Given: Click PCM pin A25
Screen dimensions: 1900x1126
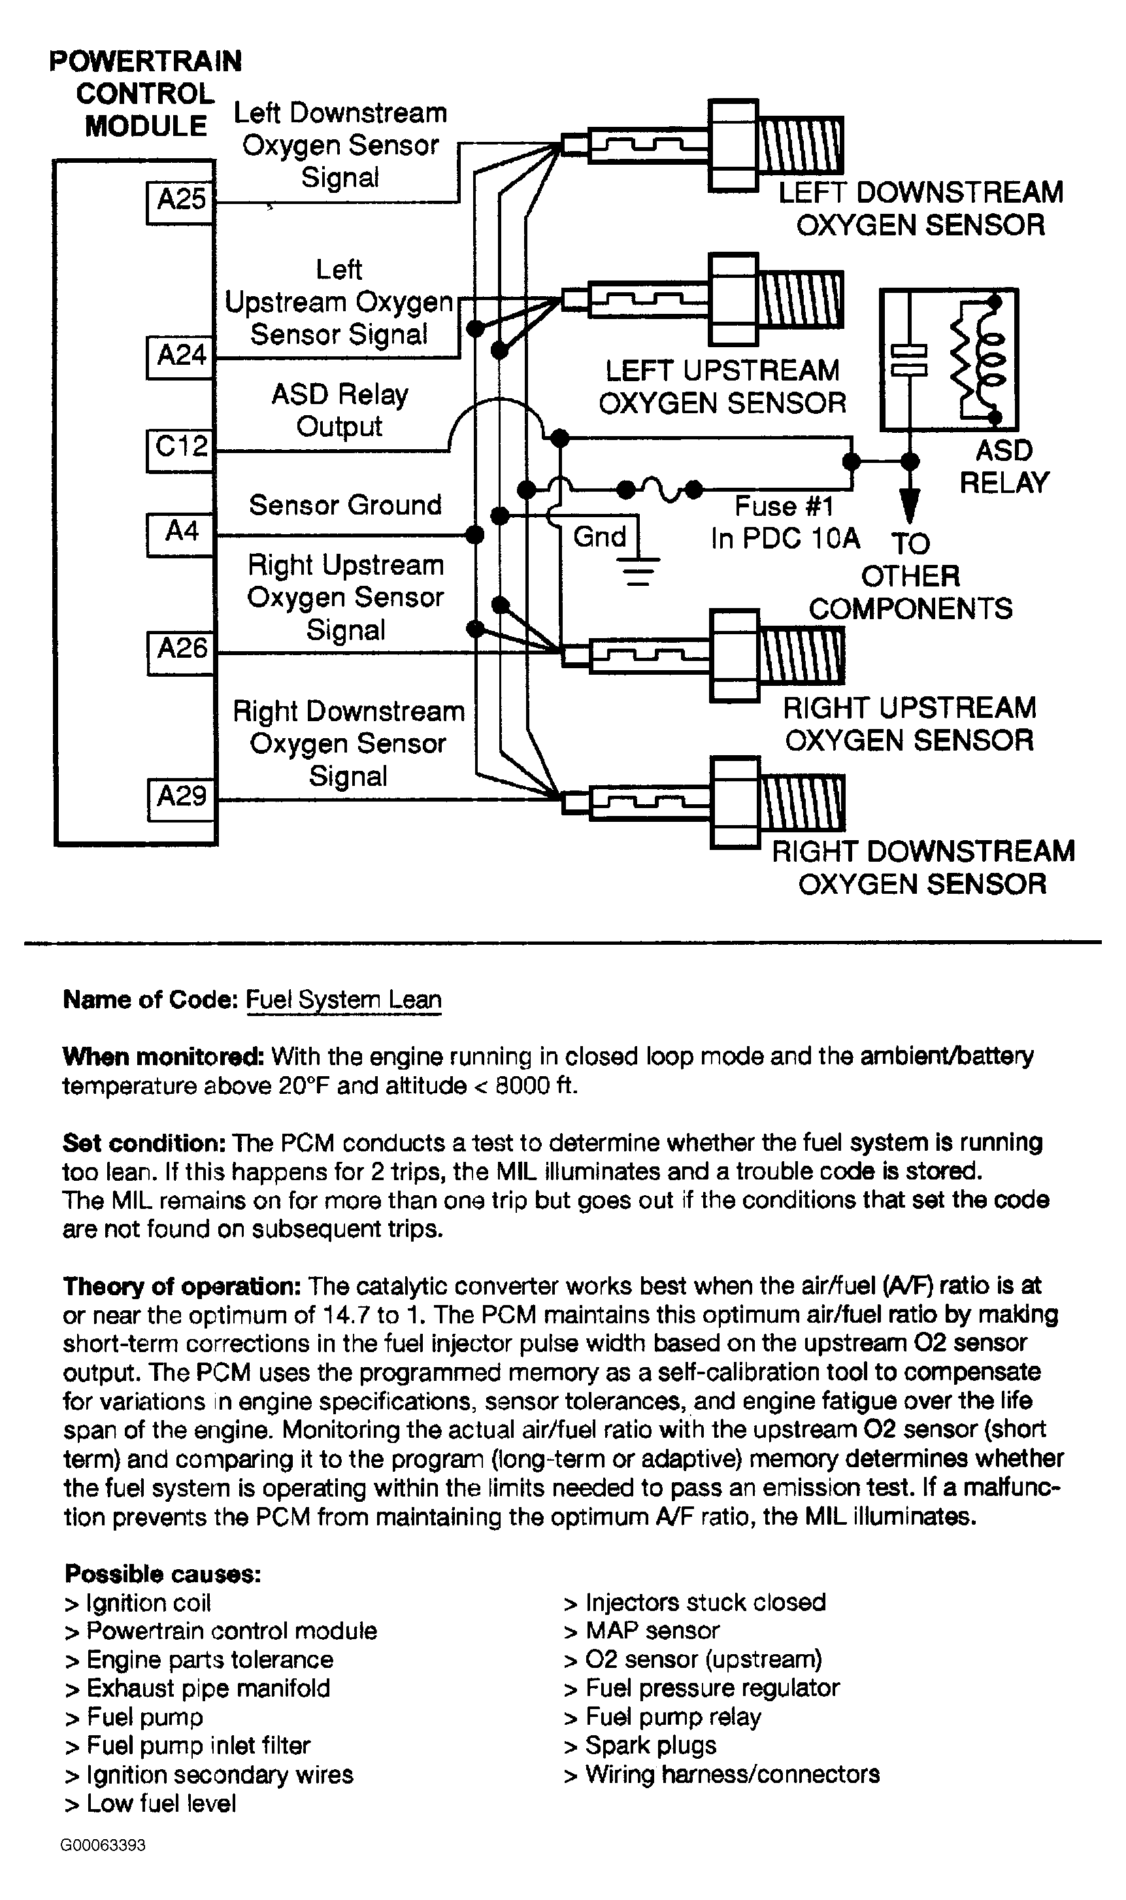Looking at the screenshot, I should click(180, 201).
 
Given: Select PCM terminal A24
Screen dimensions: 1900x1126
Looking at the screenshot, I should click(180, 356).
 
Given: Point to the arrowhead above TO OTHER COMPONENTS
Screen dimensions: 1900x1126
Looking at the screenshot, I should click(910, 505).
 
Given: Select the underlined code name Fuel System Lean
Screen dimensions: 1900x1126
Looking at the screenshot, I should click(343, 1000).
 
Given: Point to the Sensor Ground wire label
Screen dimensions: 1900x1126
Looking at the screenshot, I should click(345, 505).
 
